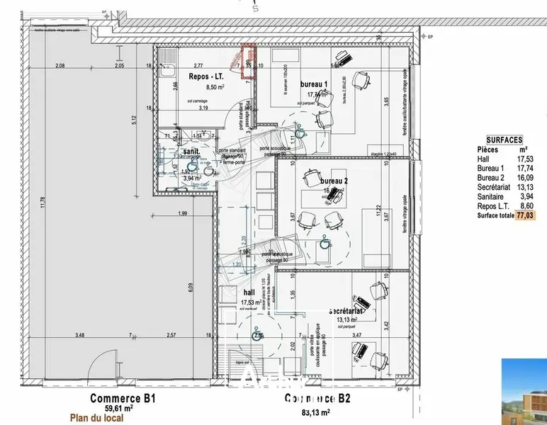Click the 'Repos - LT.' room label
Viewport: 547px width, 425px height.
click(x=206, y=76)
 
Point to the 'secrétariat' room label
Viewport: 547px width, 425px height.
click(x=346, y=311)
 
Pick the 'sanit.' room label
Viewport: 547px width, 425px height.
click(x=191, y=152)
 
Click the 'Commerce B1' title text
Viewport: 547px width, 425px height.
click(x=123, y=399)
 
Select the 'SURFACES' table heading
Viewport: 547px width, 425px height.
click(x=504, y=140)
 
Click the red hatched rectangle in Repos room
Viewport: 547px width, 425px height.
click(x=248, y=57)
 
